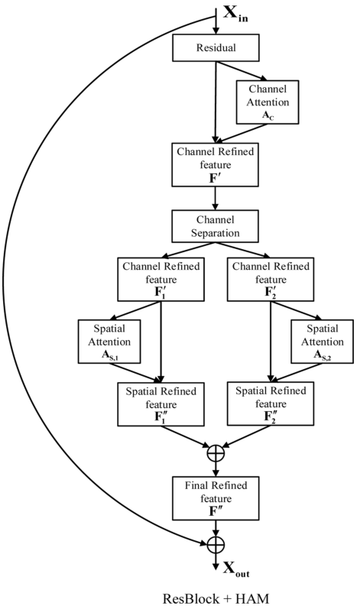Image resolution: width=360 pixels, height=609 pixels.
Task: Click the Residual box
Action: [216, 47]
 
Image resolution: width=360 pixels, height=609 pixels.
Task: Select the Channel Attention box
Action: [268, 102]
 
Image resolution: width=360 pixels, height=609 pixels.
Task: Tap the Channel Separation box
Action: [215, 226]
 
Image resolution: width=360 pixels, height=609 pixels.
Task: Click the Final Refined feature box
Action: [216, 498]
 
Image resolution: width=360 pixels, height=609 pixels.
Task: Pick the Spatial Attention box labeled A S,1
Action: [109, 342]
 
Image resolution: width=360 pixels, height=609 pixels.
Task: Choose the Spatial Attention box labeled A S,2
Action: [323, 342]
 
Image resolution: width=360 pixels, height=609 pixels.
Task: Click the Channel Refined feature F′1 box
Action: [161, 279]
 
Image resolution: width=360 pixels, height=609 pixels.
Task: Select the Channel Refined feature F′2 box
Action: [271, 279]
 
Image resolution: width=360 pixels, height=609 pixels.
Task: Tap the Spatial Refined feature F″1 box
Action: [161, 404]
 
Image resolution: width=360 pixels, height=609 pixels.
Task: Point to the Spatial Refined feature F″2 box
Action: [271, 403]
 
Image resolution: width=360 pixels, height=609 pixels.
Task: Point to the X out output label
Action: [236, 569]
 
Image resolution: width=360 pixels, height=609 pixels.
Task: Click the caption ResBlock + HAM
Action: [216, 598]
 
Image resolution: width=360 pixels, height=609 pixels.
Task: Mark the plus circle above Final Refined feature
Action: [216, 453]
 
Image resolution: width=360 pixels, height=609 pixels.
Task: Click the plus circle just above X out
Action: [216, 544]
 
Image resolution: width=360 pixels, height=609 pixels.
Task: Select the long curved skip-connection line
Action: [8, 280]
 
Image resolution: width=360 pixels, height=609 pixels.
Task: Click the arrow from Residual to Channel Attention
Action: [242, 71]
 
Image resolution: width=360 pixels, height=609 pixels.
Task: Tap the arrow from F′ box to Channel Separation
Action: [215, 198]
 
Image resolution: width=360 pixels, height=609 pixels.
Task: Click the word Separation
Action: [215, 233]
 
